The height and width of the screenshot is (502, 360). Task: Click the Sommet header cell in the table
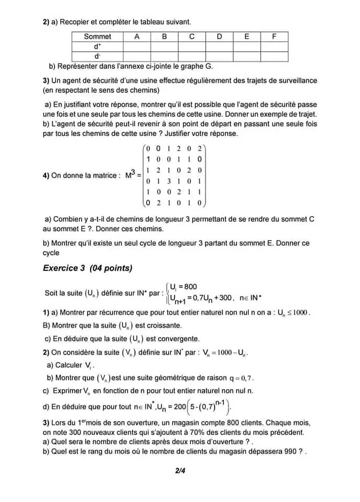(x=97, y=37)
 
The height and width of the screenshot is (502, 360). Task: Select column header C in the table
(x=192, y=37)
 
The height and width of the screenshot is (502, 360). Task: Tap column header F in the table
(x=275, y=37)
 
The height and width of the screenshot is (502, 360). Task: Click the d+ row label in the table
(x=97, y=46)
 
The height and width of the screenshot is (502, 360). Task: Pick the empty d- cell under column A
(x=137, y=55)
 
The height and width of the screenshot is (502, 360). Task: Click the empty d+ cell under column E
(x=247, y=46)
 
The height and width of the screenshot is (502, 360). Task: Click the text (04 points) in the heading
(x=111, y=268)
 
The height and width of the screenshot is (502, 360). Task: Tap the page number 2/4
(x=181, y=470)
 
